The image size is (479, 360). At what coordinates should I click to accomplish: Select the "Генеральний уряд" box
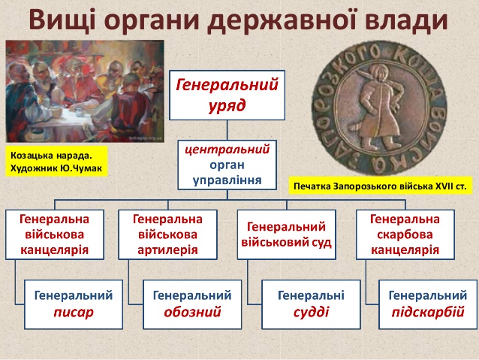pyautogui.click(x=227, y=95)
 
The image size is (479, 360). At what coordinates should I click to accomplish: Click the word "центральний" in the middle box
pyautogui.click(x=227, y=150)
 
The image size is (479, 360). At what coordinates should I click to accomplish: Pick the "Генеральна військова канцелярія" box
pyautogui.click(x=55, y=234)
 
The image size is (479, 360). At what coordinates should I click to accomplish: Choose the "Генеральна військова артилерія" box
pyautogui.click(x=167, y=234)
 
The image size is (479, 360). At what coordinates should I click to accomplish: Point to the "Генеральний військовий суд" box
pyautogui.click(x=287, y=234)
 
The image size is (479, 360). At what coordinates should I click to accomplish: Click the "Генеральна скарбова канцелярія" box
pyautogui.click(x=405, y=234)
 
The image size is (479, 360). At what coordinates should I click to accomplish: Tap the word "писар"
pyautogui.click(x=74, y=313)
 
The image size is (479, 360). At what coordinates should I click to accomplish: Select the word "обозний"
pyautogui.click(x=192, y=312)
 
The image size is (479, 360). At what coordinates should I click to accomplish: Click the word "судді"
pyautogui.click(x=311, y=313)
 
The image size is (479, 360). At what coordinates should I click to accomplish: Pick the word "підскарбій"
pyautogui.click(x=428, y=313)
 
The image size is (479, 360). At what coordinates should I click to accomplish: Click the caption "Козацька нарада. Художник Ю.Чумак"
pyautogui.click(x=56, y=161)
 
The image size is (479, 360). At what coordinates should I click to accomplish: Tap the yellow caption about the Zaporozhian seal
pyautogui.click(x=381, y=186)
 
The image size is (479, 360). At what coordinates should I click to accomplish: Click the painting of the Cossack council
pyautogui.click(x=85, y=91)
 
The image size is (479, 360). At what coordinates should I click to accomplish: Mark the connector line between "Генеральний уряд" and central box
pyautogui.click(x=227, y=130)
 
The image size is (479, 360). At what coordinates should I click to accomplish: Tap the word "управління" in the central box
pyautogui.click(x=227, y=180)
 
